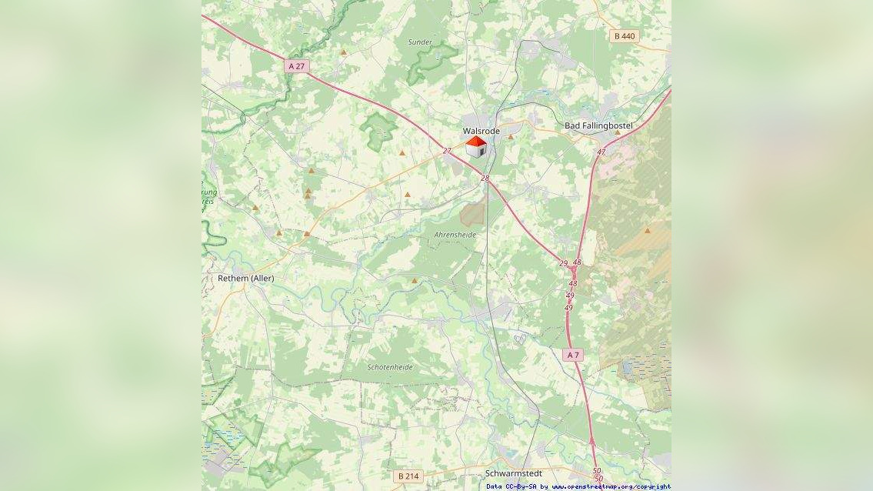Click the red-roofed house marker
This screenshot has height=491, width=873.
click(476, 147)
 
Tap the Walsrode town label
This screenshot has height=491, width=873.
click(481, 131)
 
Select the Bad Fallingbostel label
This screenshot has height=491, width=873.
click(598, 125)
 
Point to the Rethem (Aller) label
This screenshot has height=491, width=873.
click(245, 278)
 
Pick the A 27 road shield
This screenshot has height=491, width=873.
click(296, 66)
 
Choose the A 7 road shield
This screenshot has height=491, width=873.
click(572, 355)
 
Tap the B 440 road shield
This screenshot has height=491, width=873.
click(625, 36)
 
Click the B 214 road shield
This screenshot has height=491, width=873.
click(409, 476)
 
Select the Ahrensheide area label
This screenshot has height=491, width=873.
click(455, 234)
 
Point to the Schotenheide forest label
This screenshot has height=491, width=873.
click(390, 367)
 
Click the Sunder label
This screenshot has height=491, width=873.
click(420, 42)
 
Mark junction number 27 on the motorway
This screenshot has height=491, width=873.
click(447, 151)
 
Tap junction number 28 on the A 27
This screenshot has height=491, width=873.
click(485, 179)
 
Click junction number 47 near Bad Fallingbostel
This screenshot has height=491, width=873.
click(601, 152)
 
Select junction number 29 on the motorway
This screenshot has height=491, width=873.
click(563, 263)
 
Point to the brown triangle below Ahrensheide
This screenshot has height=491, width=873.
click(415, 280)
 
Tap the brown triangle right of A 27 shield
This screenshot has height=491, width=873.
click(343, 52)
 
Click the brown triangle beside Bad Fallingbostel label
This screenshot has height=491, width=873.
click(618, 132)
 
